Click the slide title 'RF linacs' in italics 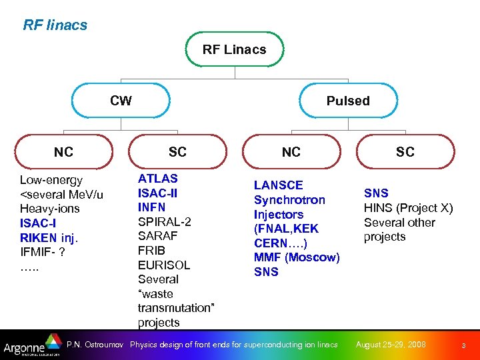point(55,25)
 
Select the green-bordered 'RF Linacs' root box point(234,49)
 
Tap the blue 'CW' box point(121,101)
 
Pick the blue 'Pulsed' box point(347,101)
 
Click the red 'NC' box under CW point(63,152)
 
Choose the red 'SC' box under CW point(177,152)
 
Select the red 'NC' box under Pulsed point(291,152)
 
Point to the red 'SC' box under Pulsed point(405,152)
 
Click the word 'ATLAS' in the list point(157,179)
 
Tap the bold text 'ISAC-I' point(38,223)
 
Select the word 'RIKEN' point(38,238)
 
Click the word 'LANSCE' point(278,185)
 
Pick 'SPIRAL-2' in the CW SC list point(164,221)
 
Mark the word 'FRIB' point(151,250)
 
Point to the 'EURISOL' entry point(163,265)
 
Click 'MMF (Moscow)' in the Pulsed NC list point(297,257)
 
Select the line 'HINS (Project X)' point(408,208)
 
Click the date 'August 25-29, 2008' point(391,345)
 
